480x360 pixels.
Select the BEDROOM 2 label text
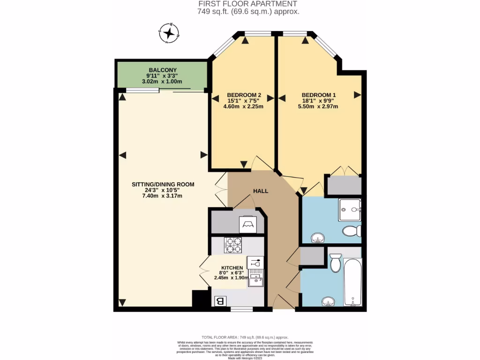coord(243,94)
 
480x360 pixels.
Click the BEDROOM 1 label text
coord(319,94)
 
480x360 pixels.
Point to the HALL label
coord(261,191)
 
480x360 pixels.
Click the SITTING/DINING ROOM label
coord(163,184)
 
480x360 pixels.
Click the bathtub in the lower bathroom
coord(352,281)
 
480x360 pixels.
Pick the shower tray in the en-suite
coord(350,210)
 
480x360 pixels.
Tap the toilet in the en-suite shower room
coord(351,231)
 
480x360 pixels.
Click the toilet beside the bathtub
coord(335,263)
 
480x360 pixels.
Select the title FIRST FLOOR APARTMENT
coord(248,4)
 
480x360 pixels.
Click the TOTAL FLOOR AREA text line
coord(245,337)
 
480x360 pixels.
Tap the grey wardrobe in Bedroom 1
coord(344,186)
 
